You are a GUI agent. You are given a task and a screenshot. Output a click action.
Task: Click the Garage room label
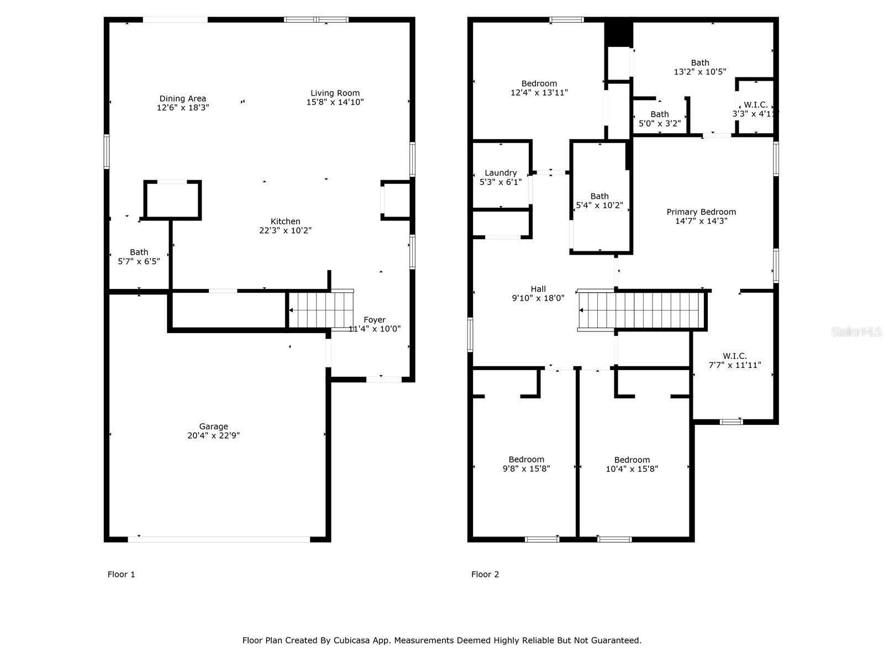click(213, 427)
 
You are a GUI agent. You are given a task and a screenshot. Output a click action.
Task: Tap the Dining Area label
click(183, 99)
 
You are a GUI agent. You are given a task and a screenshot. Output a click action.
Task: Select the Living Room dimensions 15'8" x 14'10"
click(335, 102)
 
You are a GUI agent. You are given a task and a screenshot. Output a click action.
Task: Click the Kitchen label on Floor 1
click(285, 222)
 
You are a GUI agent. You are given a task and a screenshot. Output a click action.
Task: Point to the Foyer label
click(374, 320)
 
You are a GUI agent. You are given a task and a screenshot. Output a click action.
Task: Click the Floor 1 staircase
click(321, 310)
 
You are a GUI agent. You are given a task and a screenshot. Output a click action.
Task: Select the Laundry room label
click(501, 173)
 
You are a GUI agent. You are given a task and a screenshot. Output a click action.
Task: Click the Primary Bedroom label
click(701, 212)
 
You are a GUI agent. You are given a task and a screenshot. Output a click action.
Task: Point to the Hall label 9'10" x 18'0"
click(538, 293)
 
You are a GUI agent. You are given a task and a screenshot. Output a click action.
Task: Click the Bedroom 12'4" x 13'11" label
click(539, 88)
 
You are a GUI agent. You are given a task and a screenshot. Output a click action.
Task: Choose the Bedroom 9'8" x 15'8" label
click(526, 464)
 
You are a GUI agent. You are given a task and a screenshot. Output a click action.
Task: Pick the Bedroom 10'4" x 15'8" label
click(632, 464)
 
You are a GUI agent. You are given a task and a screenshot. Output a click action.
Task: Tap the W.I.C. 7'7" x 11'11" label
click(735, 360)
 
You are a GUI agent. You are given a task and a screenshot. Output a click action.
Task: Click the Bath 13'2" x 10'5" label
click(700, 67)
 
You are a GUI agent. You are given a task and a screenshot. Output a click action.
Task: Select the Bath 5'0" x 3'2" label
click(660, 119)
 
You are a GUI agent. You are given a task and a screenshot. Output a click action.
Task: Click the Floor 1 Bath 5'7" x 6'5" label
click(139, 256)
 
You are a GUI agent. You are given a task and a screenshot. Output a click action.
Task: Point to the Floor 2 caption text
click(485, 575)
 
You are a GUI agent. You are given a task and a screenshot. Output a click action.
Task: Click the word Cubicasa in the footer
click(351, 640)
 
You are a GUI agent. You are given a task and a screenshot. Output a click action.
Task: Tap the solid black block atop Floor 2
click(618, 33)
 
